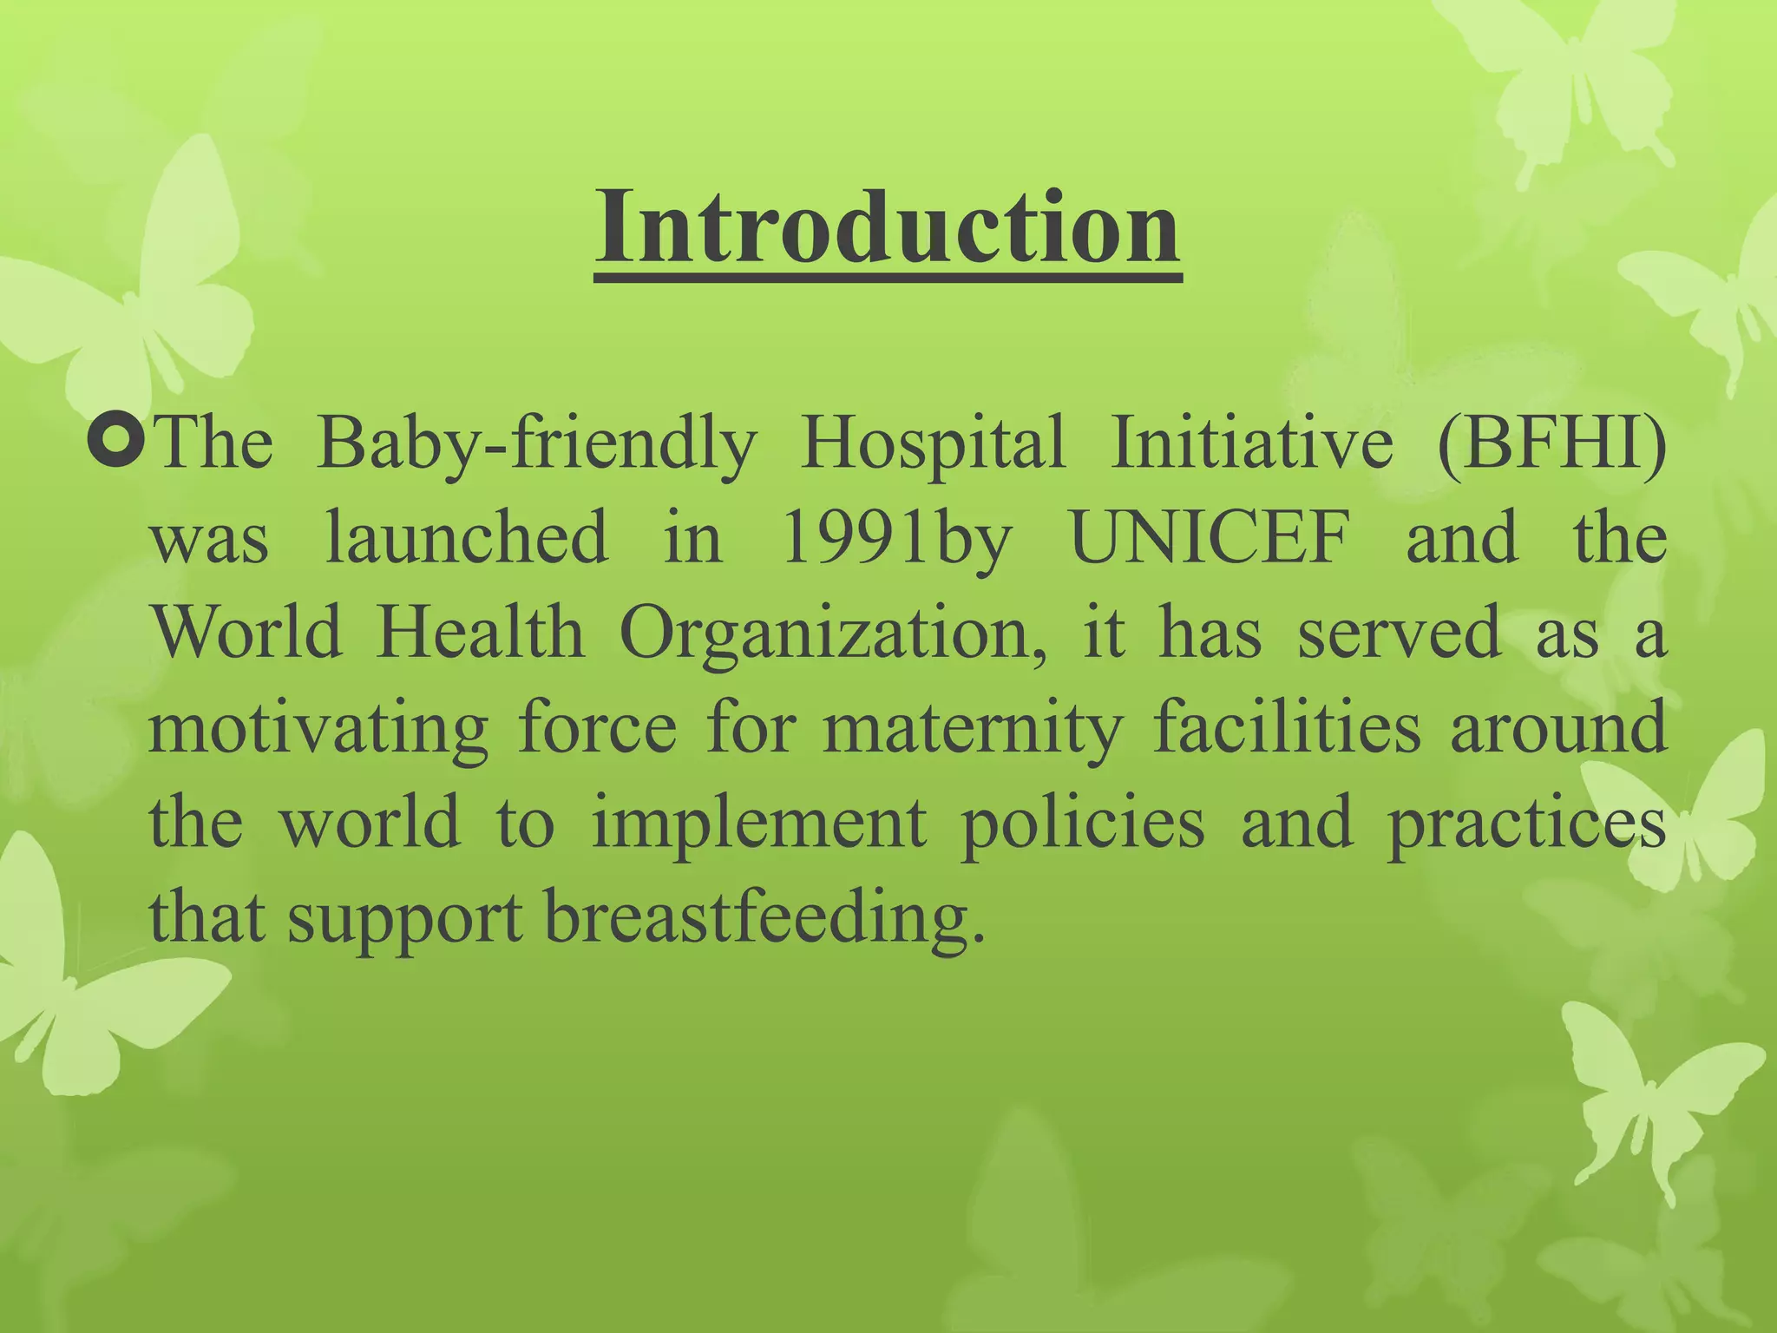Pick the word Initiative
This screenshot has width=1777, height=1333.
coord(1251,443)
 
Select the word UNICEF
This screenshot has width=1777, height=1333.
coord(1211,538)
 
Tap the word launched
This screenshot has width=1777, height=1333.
coord(466,538)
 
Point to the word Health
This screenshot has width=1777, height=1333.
coord(480,632)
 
